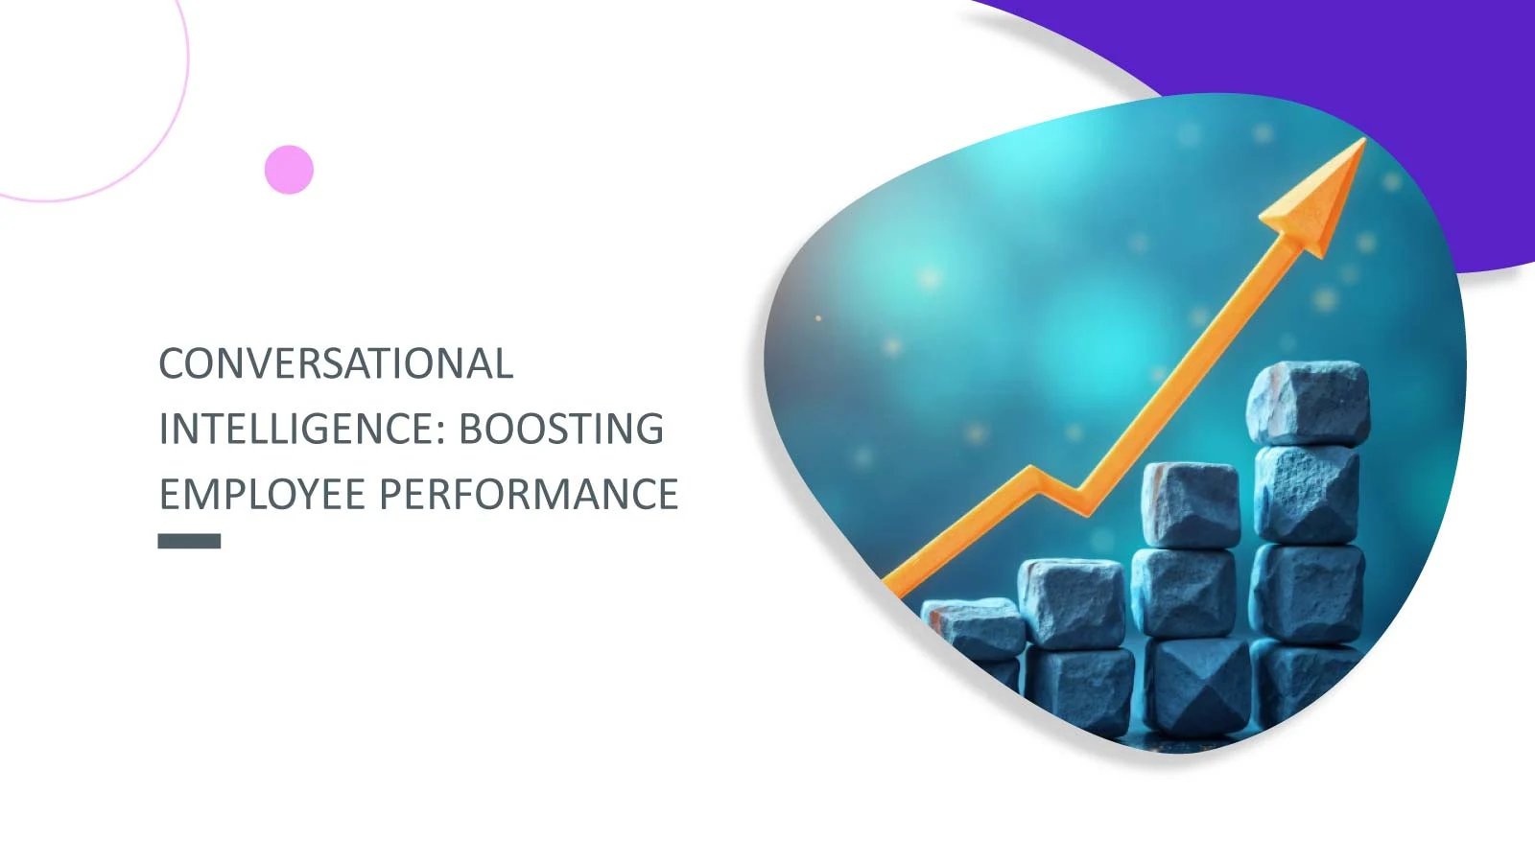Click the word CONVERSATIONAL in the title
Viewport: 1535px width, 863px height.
pos(336,363)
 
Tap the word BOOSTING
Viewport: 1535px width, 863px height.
pos(561,429)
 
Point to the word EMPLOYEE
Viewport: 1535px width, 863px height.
pos(263,494)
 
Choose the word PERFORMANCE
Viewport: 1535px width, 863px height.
pos(529,494)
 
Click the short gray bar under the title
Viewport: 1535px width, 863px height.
pos(189,541)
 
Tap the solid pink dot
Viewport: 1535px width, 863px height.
pos(289,169)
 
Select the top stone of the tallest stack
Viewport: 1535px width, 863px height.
pos(1309,403)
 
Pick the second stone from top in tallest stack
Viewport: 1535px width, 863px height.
pos(1307,495)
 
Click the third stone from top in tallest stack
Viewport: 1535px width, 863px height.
pos(1308,594)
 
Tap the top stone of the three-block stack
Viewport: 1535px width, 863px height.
pos(1191,504)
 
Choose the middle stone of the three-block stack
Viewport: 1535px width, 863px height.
pos(1184,594)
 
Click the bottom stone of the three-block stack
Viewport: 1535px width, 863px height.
pos(1198,685)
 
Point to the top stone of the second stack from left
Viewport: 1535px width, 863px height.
pos(1072,603)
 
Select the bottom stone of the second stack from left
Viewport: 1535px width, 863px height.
pos(1080,690)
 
